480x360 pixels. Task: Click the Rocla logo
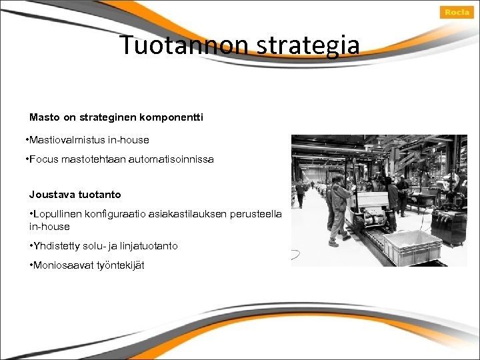click(457, 13)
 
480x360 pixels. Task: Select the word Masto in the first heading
click(44, 117)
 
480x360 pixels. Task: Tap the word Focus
click(42, 159)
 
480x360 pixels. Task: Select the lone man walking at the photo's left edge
click(301, 193)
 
